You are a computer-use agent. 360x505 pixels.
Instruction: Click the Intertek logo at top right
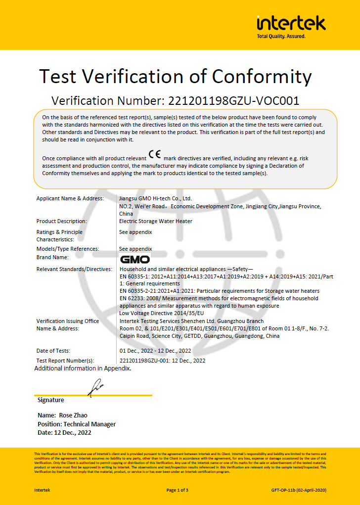click(291, 23)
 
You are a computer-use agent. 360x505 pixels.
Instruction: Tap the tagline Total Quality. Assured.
click(281, 36)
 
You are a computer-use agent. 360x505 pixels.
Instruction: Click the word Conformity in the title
click(262, 77)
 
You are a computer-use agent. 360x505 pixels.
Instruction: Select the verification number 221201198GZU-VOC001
click(233, 101)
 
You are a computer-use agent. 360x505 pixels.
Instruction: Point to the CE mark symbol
click(154, 154)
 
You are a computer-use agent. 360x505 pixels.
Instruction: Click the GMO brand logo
click(135, 259)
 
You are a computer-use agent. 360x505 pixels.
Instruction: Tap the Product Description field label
click(61, 221)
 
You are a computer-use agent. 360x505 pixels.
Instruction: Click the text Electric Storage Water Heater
click(156, 221)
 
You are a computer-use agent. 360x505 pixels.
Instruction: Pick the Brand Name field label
click(52, 257)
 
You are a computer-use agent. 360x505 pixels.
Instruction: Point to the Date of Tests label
click(53, 351)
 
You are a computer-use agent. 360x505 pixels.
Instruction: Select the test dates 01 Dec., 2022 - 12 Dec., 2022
click(155, 351)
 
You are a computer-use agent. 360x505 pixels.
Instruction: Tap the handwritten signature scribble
click(95, 387)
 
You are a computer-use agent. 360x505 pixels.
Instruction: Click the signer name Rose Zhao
click(73, 415)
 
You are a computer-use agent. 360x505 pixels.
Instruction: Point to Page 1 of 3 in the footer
click(177, 490)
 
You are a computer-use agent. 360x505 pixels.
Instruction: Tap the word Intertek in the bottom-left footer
click(42, 490)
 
